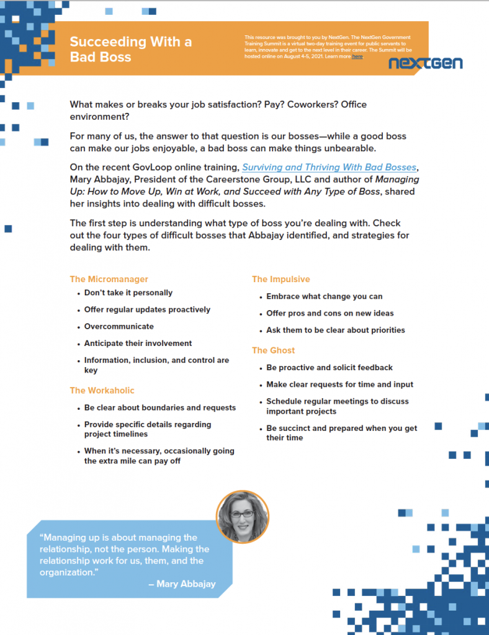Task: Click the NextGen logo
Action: pos(425,63)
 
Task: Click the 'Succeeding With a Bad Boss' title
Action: pos(130,49)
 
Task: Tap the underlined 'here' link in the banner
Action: pos(357,56)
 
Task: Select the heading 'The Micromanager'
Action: pos(109,279)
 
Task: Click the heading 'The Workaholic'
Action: pos(102,390)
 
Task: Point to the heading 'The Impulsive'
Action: pos(280,279)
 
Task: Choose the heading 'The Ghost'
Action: pos(273,350)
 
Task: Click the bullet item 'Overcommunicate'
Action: pos(119,326)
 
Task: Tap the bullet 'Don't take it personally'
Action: pos(128,293)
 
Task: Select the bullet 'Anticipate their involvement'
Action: pos(138,343)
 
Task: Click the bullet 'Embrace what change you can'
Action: pos(325,296)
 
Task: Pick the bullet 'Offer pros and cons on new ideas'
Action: pos(330,313)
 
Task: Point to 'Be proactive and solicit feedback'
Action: pos(330,368)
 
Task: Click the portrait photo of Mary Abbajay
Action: pos(243,517)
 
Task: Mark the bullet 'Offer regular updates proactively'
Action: pos(147,309)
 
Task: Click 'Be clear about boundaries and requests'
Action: pos(160,407)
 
